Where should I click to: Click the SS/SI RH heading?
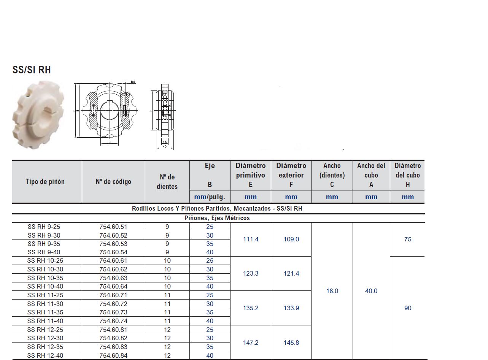pos(32,70)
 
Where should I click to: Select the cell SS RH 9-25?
pos(44,227)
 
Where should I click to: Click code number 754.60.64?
pos(113,286)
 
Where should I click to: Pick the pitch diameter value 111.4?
pos(251,239)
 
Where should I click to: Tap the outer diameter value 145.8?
pos(291,343)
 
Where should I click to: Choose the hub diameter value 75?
pos(408,239)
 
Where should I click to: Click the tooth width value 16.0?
pos(332,291)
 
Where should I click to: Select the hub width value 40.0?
pos(371,291)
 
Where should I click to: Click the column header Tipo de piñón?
pos(45,182)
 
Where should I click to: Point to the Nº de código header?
pos(113,182)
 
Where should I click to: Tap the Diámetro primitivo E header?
pos(251,175)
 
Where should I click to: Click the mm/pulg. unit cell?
pos(210,197)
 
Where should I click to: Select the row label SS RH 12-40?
pos(45,356)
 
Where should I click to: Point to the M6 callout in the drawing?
pos(133,82)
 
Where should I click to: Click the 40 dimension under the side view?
pos(164,146)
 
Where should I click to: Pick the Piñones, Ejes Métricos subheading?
pos(217,218)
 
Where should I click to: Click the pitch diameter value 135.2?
pos(251,308)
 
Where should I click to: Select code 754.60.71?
pos(113,295)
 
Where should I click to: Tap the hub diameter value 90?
pos(408,308)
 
